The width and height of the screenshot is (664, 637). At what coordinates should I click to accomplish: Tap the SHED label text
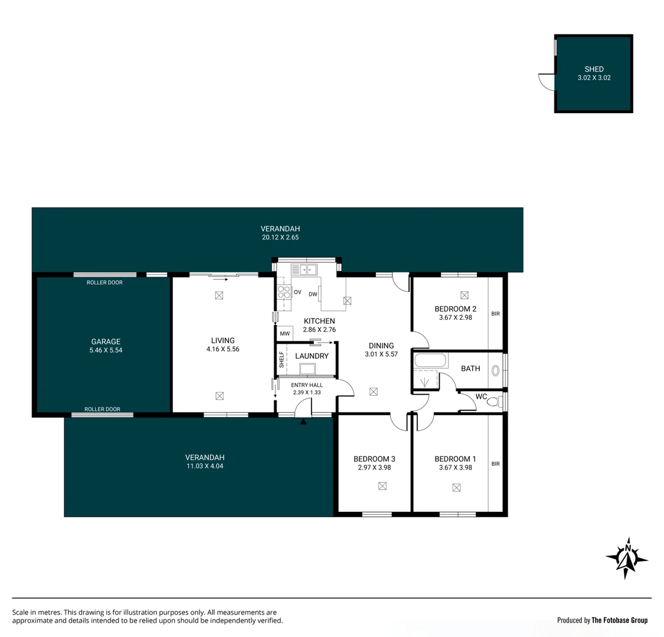594,69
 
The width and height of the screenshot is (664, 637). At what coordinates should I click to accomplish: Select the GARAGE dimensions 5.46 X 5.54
106,350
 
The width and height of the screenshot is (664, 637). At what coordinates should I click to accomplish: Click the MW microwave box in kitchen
285,334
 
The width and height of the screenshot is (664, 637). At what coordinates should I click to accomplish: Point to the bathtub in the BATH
431,360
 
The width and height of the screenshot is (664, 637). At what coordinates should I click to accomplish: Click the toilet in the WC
494,402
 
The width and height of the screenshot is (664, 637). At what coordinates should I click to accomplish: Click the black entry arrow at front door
303,421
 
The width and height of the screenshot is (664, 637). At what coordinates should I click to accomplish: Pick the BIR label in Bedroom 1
495,464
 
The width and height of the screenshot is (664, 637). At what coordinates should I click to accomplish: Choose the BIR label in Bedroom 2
495,314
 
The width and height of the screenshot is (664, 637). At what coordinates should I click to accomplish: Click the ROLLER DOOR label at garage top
104,283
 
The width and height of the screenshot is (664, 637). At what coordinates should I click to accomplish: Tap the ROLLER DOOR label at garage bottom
102,409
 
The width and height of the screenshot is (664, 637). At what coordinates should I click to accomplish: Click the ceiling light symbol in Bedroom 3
382,486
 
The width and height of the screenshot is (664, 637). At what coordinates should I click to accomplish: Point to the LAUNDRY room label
312,356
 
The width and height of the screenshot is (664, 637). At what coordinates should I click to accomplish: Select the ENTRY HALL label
306,385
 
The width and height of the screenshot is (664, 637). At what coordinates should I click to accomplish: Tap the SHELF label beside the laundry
282,360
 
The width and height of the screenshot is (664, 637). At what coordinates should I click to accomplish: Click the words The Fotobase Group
619,620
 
